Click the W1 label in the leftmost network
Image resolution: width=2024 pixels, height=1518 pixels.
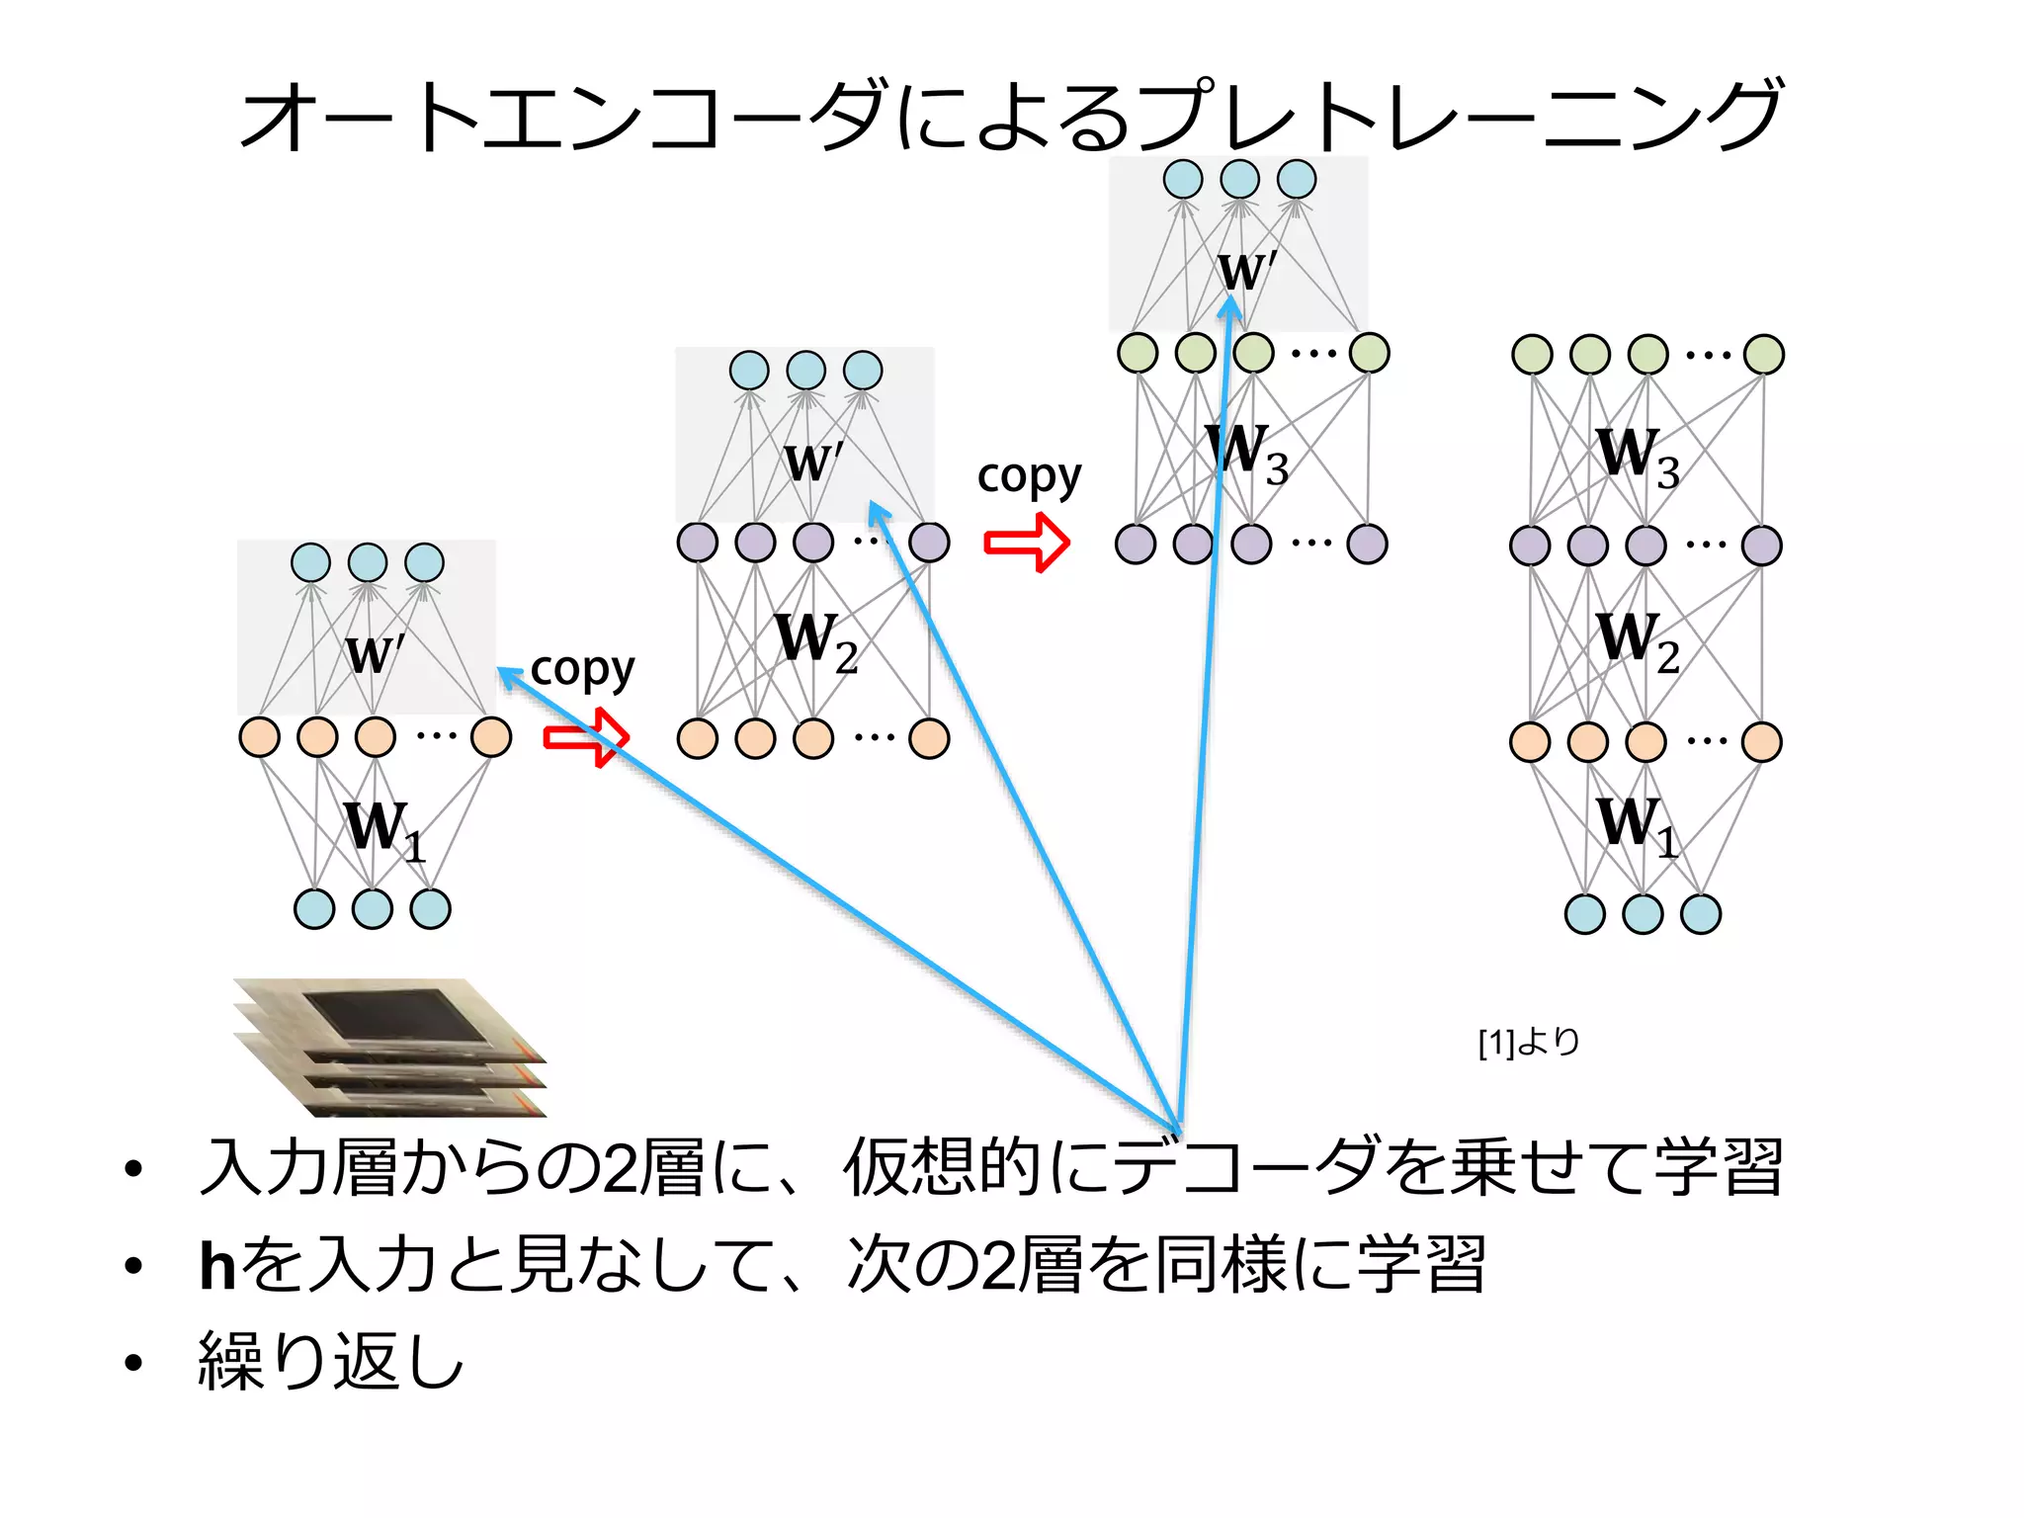(x=383, y=830)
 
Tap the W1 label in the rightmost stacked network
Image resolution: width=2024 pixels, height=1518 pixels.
(x=1637, y=825)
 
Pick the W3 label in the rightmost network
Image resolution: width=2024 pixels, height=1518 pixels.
(x=1637, y=456)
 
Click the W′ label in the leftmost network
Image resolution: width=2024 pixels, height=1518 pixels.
(x=374, y=654)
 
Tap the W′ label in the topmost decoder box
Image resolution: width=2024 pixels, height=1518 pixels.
(x=1246, y=270)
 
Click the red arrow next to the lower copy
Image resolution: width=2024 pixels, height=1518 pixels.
(x=586, y=737)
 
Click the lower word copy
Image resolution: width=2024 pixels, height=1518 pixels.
(x=582, y=670)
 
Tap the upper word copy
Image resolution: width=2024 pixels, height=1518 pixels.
(x=1029, y=477)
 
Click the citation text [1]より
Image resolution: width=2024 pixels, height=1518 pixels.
(x=1528, y=1042)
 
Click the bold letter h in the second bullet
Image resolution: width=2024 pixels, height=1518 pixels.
(x=217, y=1266)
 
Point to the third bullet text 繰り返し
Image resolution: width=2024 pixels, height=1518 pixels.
(x=331, y=1362)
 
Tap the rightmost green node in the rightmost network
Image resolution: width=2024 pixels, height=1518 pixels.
(x=1763, y=355)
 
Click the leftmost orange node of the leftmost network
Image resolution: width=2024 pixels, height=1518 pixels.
(x=260, y=737)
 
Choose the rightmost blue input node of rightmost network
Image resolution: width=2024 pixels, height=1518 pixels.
(x=1700, y=914)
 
